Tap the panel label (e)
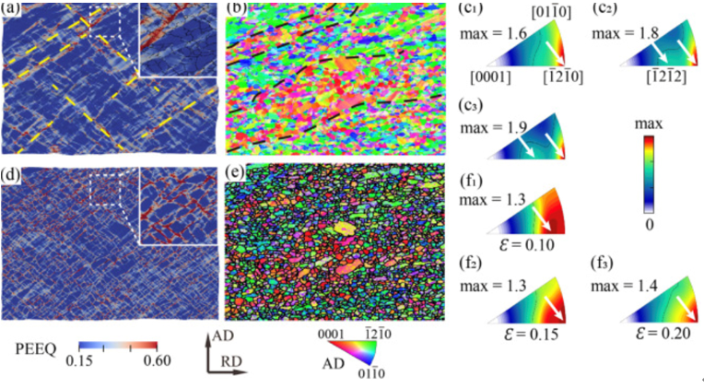coord(236,172)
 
